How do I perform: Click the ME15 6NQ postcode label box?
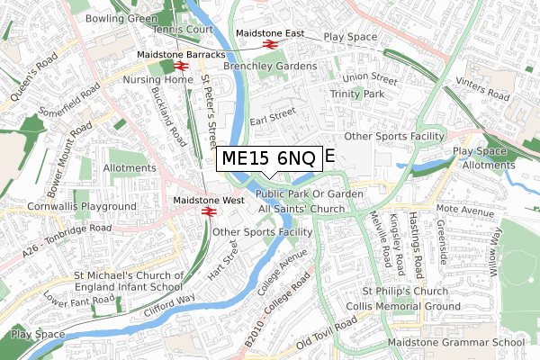[268, 158]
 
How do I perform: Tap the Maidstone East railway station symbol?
[268, 44]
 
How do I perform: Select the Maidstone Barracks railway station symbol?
[180, 66]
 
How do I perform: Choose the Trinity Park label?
[357, 94]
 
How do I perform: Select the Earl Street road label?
[273, 114]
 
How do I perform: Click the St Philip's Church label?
[405, 292]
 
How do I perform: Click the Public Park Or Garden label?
[309, 193]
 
